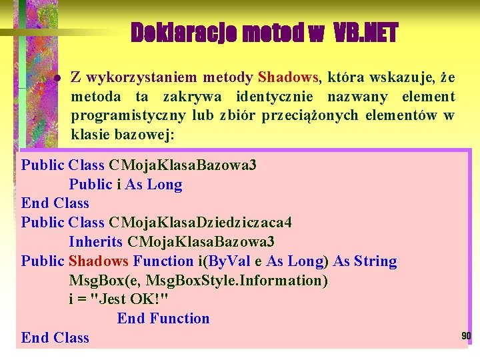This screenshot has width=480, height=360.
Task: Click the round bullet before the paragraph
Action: [57, 79]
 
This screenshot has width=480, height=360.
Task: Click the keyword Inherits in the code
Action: [95, 241]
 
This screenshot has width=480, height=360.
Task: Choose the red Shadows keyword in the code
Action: [99, 261]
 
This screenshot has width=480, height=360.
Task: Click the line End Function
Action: [163, 319]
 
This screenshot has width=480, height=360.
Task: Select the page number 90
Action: [466, 336]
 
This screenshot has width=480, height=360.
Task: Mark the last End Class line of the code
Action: [55, 337]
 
